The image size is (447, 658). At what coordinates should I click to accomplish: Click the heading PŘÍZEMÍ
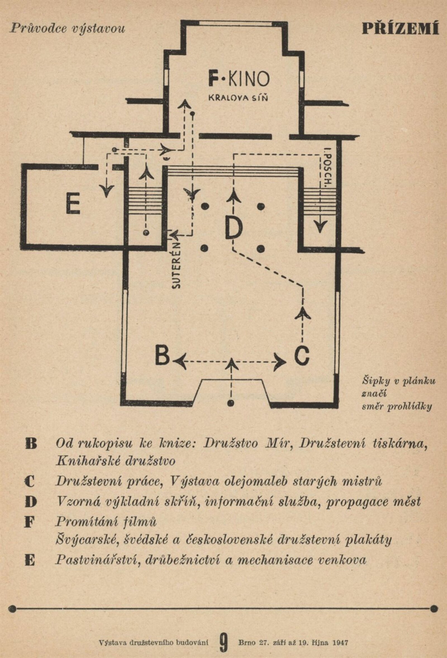click(x=400, y=29)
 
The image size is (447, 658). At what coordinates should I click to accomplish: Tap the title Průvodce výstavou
click(x=67, y=29)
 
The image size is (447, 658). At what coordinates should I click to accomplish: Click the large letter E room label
click(x=73, y=204)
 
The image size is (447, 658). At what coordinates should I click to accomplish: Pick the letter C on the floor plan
click(x=302, y=356)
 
